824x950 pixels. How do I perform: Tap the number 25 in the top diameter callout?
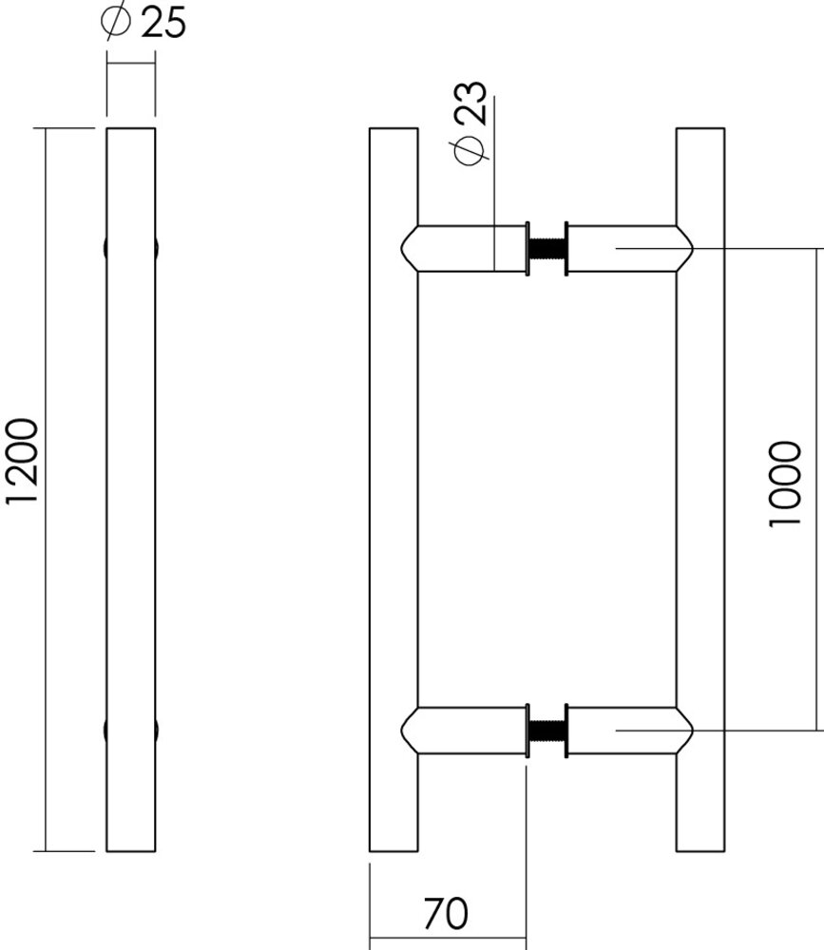click(x=163, y=23)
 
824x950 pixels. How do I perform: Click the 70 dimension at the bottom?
click(x=446, y=914)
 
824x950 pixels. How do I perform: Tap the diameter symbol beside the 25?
click(x=115, y=22)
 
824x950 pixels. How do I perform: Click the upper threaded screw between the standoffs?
click(x=546, y=249)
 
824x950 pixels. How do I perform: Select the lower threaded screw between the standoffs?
click(x=546, y=731)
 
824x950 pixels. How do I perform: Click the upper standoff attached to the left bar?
click(x=466, y=249)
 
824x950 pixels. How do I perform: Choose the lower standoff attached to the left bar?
click(x=466, y=731)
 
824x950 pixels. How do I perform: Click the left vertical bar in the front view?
click(x=393, y=489)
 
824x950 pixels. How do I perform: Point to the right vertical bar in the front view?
click(x=699, y=489)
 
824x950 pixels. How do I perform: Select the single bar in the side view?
click(x=130, y=489)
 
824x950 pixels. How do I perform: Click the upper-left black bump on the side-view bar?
click(x=104, y=248)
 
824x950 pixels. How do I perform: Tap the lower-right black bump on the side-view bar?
click(x=157, y=731)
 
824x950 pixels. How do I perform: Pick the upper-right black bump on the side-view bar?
click(x=157, y=248)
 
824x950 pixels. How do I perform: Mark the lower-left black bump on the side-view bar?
click(x=104, y=731)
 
